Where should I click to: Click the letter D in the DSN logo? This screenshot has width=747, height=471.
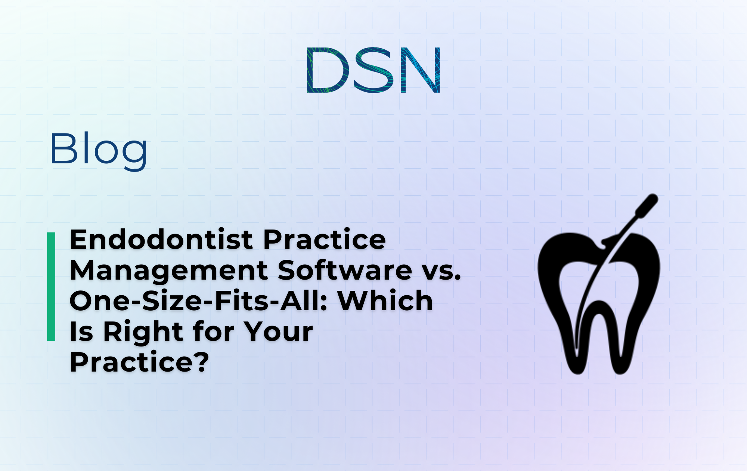tap(327, 70)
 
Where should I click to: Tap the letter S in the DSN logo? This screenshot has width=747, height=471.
tap(374, 70)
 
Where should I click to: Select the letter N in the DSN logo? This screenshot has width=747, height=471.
tap(420, 70)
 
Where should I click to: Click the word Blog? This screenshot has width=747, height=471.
tap(99, 150)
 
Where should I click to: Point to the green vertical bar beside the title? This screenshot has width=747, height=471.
tap(51, 286)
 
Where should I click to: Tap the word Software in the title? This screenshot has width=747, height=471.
tap(345, 270)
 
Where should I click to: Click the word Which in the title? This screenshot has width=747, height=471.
tap(385, 301)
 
